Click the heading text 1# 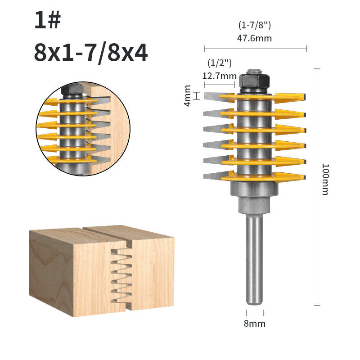[x=48, y=20]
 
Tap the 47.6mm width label [x=254, y=38]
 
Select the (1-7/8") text [x=255, y=25]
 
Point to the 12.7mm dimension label [x=219, y=76]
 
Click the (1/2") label [x=220, y=63]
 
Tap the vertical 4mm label [x=188, y=96]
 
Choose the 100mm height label [x=325, y=179]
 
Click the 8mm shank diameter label [x=255, y=324]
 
